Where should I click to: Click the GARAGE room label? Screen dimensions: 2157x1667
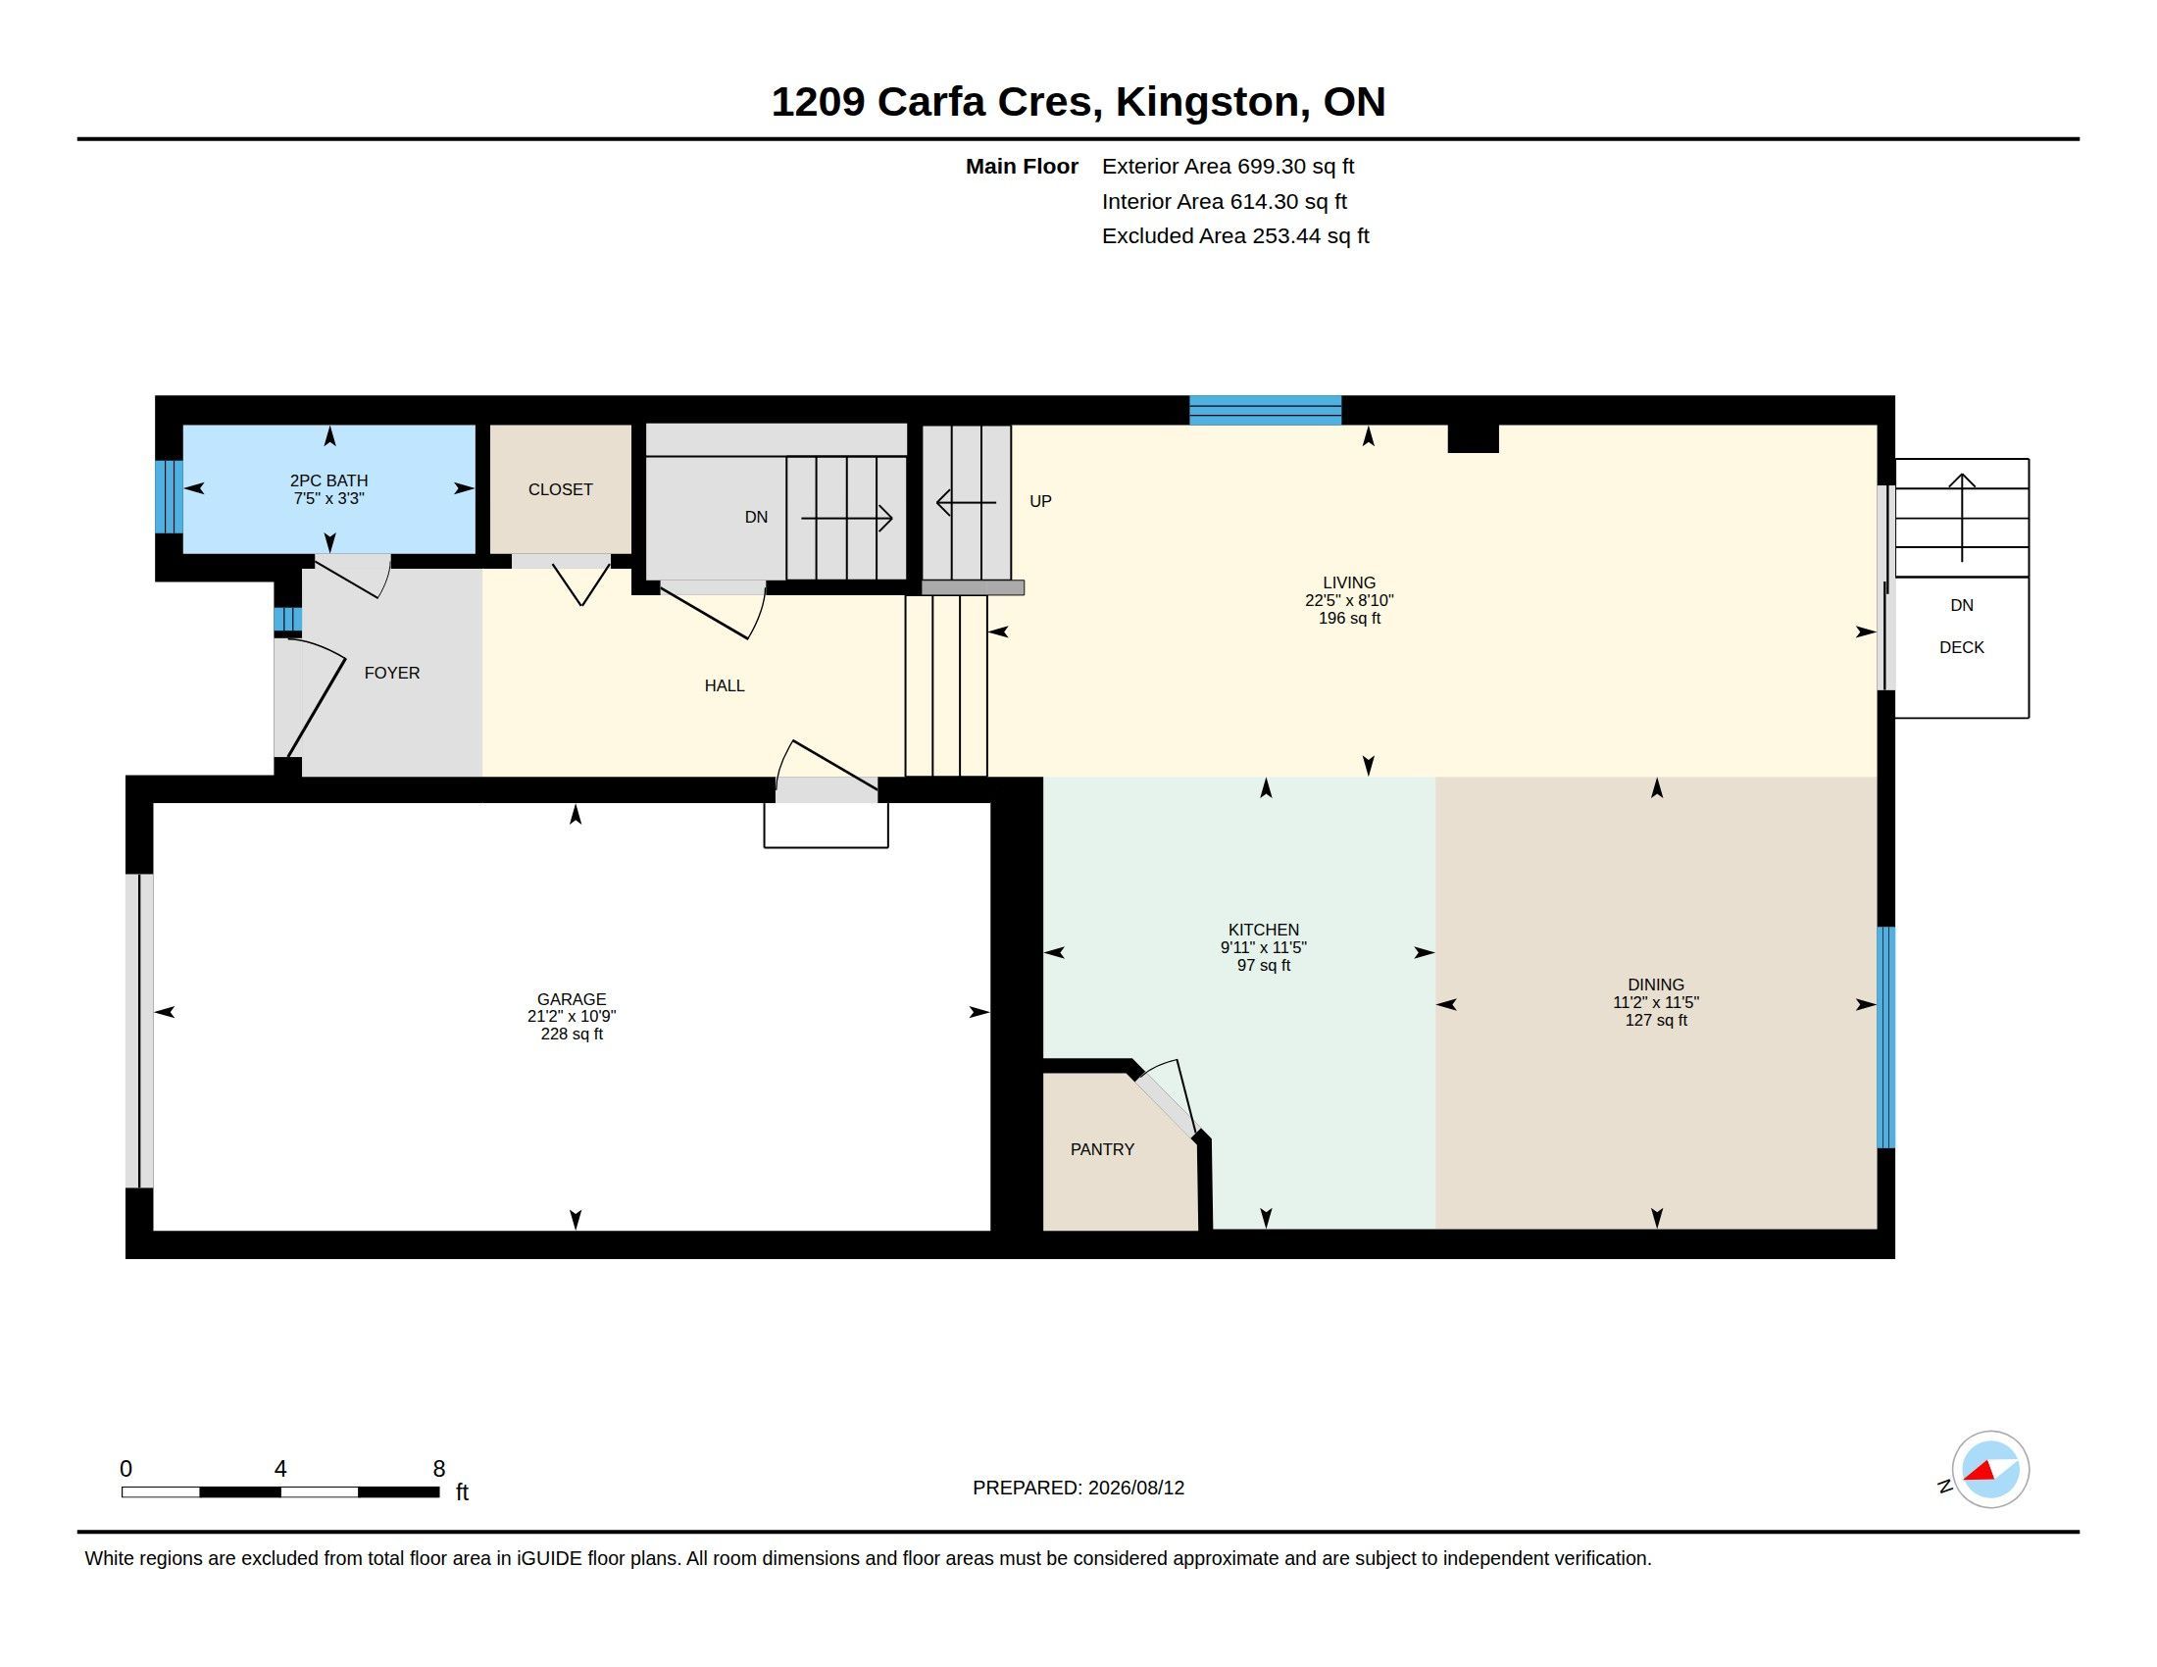coord(571,998)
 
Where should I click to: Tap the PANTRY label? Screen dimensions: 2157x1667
coord(1102,1148)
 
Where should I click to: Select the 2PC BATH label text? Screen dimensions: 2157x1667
coord(328,480)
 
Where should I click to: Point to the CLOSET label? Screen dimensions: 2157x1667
coord(560,489)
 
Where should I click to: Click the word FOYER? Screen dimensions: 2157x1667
coord(392,673)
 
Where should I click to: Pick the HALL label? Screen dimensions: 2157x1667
coord(724,685)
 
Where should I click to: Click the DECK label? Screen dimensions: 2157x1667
coord(1962,647)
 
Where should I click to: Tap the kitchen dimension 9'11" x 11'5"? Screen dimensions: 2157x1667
coord(1263,947)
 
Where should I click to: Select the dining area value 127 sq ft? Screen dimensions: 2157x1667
coord(1656,1020)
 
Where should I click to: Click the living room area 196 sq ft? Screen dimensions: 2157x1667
coord(1349,618)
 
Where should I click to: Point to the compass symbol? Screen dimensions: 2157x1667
coord(1990,1470)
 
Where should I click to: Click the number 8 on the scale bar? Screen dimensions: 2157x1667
coord(439,1469)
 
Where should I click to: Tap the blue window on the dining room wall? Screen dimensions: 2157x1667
coord(1885,1036)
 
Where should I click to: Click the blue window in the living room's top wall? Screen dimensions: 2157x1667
coord(1265,410)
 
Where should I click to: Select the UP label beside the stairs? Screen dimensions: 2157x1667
coord(1040,501)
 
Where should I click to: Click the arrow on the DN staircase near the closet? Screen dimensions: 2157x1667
coord(846,518)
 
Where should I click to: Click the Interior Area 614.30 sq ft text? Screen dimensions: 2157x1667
coord(1224,201)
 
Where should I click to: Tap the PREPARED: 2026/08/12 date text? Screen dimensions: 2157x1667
coord(1078,1488)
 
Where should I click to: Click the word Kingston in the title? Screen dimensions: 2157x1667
coord(1207,102)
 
